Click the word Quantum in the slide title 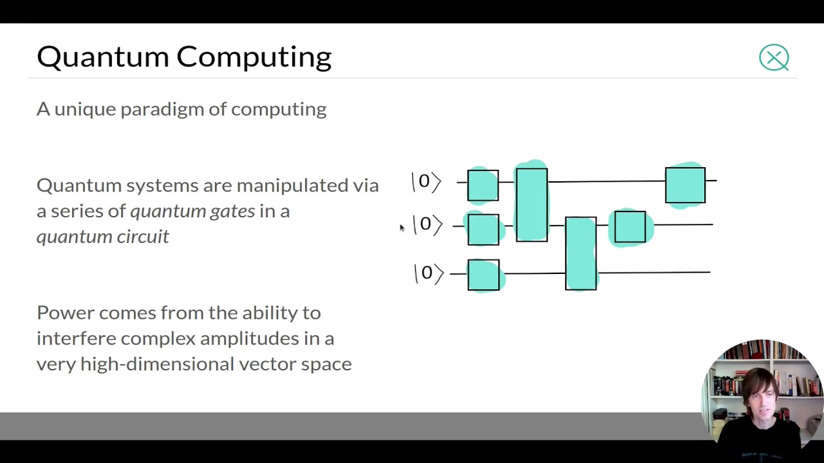pos(103,57)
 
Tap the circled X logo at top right pos(774,58)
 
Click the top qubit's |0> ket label pos(426,182)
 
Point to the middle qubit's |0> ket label pos(427,224)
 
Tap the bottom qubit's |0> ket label pos(429,273)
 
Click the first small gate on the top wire pos(483,185)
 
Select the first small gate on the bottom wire pos(483,275)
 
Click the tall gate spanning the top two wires pos(532,204)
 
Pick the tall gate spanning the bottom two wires pos(581,253)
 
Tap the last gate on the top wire pos(685,185)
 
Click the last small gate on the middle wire pos(630,226)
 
